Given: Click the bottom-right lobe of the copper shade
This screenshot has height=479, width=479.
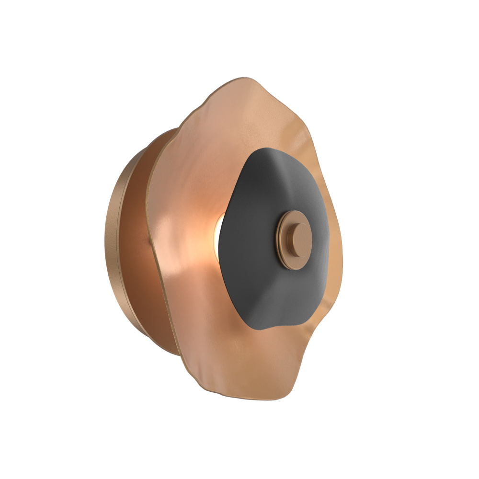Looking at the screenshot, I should (x=283, y=378).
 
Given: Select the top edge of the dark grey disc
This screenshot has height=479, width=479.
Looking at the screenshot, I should (x=268, y=149).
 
